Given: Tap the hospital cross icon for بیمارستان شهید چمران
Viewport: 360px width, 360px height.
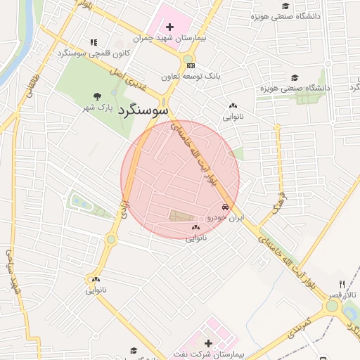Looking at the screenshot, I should (x=169, y=27).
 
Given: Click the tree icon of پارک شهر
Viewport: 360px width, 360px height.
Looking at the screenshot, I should (x=97, y=96).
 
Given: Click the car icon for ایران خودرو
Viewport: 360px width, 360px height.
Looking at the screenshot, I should (x=225, y=207).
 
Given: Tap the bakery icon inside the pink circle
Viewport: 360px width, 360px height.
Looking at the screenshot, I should (x=195, y=228).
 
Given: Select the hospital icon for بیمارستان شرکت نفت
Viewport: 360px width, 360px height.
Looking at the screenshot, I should (x=207, y=343).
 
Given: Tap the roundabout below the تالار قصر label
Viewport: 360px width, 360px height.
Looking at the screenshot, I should (x=332, y=306).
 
